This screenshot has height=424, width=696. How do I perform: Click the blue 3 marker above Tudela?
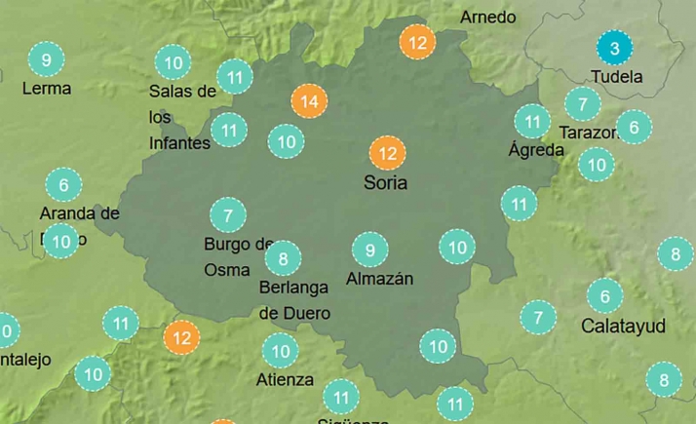[614, 48]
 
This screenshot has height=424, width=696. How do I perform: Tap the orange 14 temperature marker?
[310, 101]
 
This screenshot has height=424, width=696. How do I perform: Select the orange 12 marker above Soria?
[387, 153]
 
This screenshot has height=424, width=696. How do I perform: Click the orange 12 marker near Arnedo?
[417, 43]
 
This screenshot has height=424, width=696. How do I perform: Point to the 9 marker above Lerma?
[46, 60]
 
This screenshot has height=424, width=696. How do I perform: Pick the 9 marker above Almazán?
[369, 251]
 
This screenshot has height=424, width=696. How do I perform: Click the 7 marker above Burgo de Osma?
[228, 215]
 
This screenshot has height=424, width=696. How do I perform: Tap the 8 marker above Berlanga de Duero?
[283, 259]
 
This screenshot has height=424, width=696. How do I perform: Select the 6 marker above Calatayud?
[604, 296]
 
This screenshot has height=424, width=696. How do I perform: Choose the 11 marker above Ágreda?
[532, 122]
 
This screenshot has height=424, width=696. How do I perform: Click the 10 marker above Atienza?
[280, 350]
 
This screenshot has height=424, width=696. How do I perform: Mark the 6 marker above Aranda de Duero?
[63, 184]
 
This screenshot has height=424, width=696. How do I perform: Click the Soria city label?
[385, 182]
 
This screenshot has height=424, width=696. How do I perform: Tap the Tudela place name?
[617, 76]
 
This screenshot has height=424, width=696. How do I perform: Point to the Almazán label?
[380, 279]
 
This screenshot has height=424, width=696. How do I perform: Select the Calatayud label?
[623, 326]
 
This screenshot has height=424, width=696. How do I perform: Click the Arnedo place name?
[488, 18]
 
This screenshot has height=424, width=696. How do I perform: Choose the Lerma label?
[47, 88]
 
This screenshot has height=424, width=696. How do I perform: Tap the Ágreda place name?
[536, 150]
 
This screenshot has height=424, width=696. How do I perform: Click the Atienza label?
[286, 379]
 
